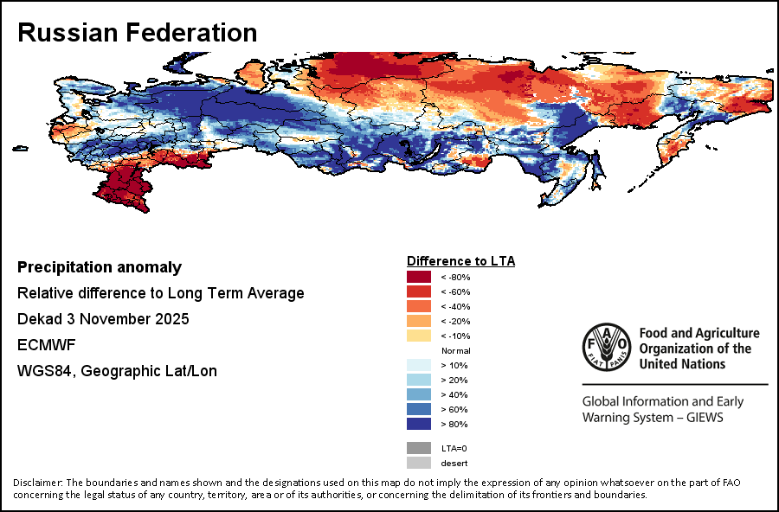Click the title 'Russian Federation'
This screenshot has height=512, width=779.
pyautogui.click(x=137, y=33)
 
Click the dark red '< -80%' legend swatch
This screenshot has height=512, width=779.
pyautogui.click(x=419, y=277)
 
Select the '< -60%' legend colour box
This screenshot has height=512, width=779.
pyautogui.click(x=419, y=291)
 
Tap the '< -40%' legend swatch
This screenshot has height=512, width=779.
pyautogui.click(x=419, y=306)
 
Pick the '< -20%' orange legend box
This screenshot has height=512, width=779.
pyautogui.click(x=419, y=321)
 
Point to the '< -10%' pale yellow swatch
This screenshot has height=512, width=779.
pyautogui.click(x=419, y=336)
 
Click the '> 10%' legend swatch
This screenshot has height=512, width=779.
pyautogui.click(x=419, y=365)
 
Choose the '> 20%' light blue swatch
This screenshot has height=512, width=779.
pyautogui.click(x=419, y=380)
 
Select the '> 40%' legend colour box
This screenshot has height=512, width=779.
pyautogui.click(x=419, y=394)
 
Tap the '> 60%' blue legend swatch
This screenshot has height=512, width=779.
pyautogui.click(x=419, y=409)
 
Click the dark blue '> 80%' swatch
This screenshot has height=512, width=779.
pyautogui.click(x=419, y=424)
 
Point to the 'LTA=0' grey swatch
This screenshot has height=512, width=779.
pyautogui.click(x=419, y=448)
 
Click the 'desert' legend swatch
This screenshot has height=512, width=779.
pyautogui.click(x=419, y=463)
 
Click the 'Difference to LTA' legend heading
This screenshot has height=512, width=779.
pyautogui.click(x=460, y=260)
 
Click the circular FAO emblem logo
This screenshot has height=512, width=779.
pyautogui.click(x=607, y=348)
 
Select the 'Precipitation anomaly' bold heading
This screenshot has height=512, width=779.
pyautogui.click(x=100, y=267)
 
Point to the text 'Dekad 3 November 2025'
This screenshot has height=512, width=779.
pyautogui.click(x=103, y=319)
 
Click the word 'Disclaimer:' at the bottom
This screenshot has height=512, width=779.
pyautogui.click(x=38, y=482)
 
